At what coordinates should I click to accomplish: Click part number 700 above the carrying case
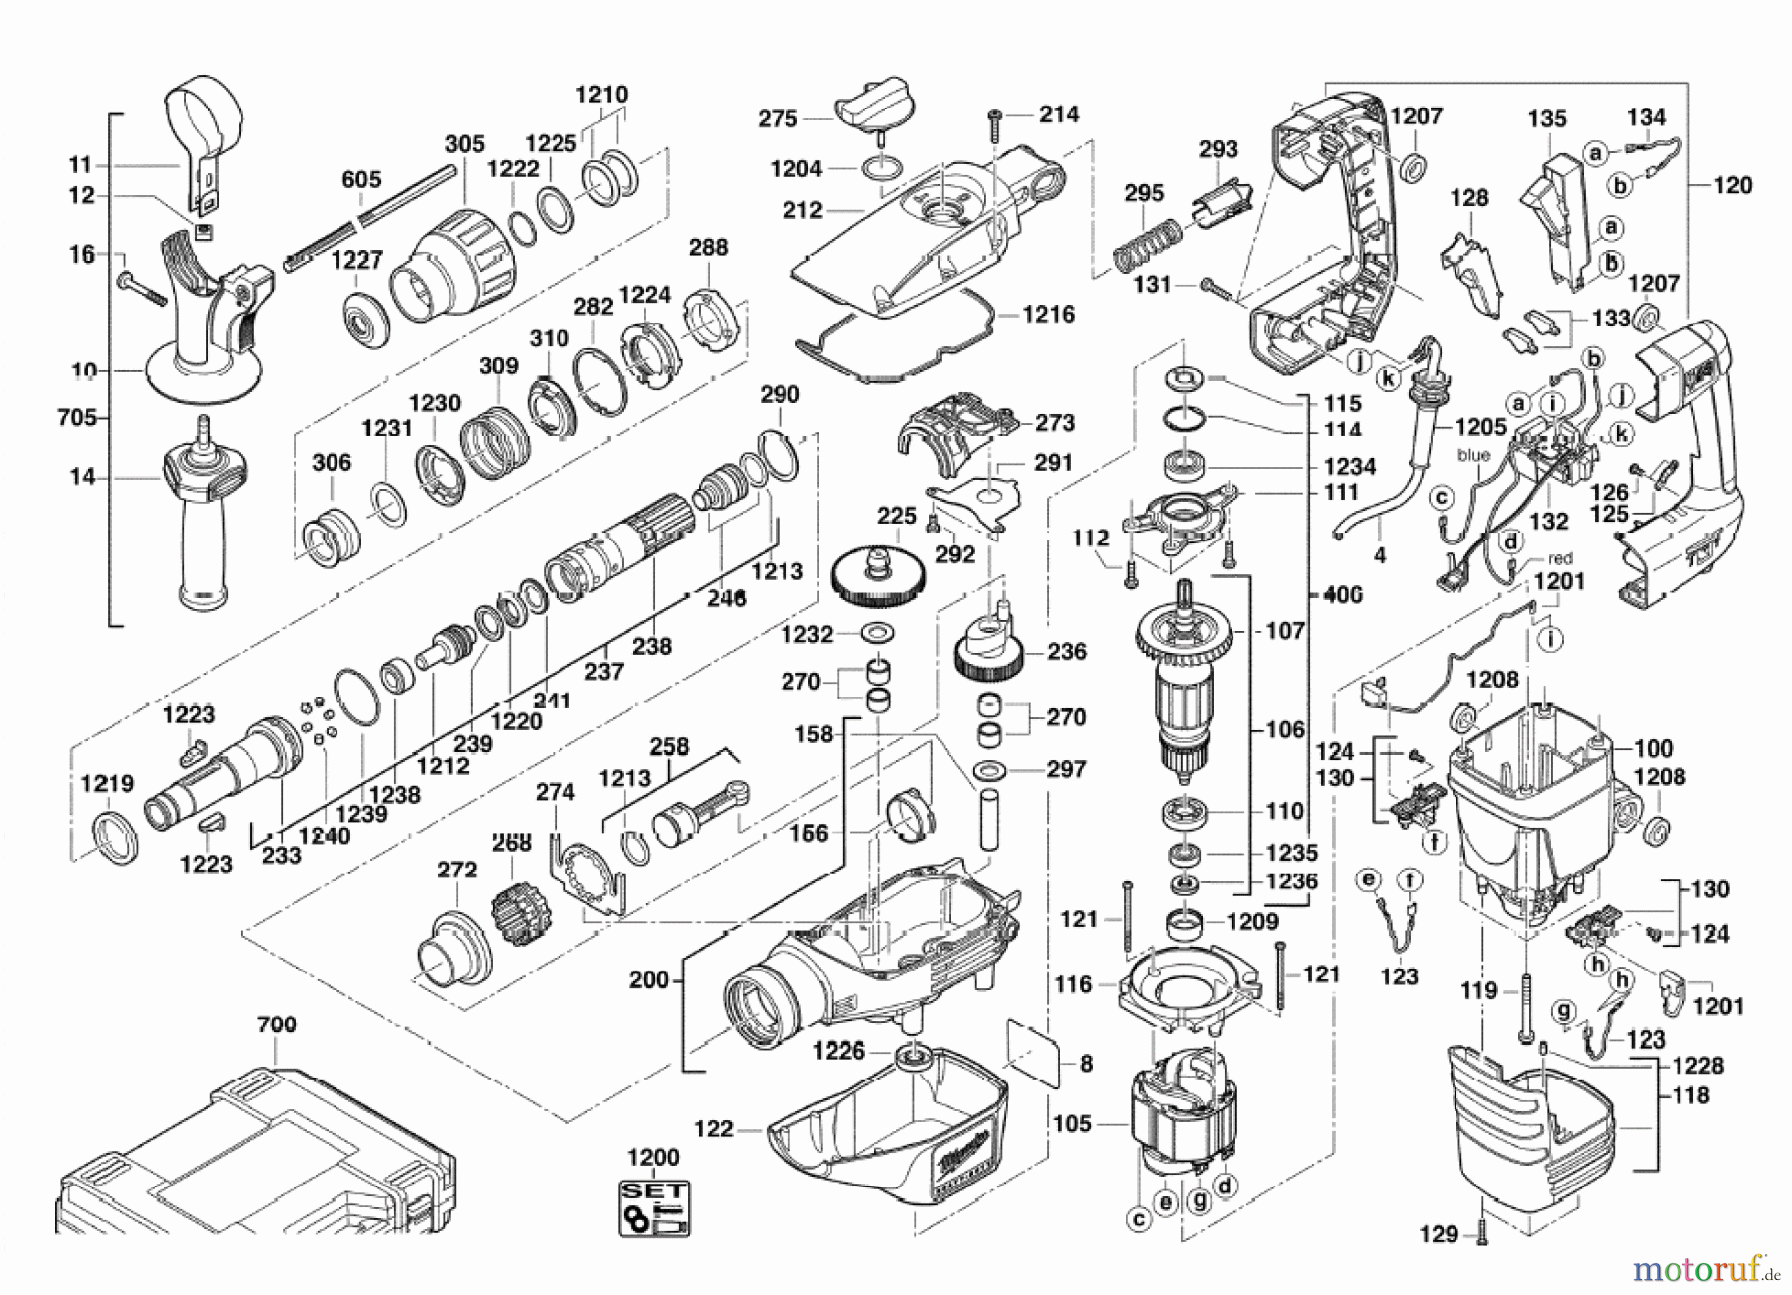tap(276, 1024)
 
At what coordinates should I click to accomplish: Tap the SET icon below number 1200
tap(654, 1208)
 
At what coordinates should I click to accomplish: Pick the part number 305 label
tap(464, 144)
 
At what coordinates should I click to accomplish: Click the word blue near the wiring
tap(1473, 455)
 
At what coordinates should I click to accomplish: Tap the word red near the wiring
tap(1560, 558)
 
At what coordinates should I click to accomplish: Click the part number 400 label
tap(1343, 595)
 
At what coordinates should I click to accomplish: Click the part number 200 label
tap(649, 980)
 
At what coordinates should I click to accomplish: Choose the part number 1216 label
tap(1049, 315)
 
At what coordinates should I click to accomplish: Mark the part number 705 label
tap(77, 417)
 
